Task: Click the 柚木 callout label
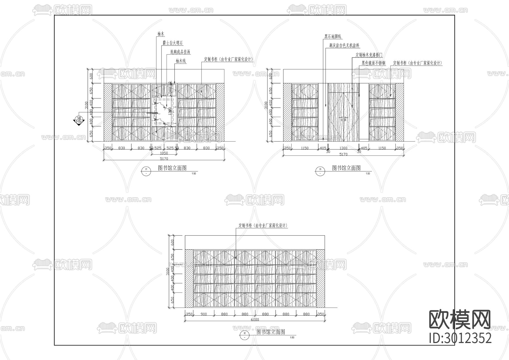click(x=161, y=34)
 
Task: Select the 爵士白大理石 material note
click(x=172, y=43)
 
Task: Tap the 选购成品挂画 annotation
click(x=180, y=52)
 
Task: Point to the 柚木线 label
click(x=180, y=61)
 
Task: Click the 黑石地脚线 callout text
click(x=333, y=36)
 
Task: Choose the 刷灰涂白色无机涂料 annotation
click(x=344, y=45)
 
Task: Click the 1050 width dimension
click(x=164, y=153)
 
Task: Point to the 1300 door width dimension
click(x=343, y=148)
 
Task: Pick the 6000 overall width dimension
click(x=255, y=320)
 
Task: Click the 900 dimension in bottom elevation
click(x=204, y=314)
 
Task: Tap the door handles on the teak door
click(x=343, y=119)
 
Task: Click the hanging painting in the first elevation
click(x=163, y=111)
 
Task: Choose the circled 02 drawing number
click(x=244, y=335)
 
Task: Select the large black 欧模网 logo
click(x=460, y=319)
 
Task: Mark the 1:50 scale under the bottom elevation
click(x=292, y=337)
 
